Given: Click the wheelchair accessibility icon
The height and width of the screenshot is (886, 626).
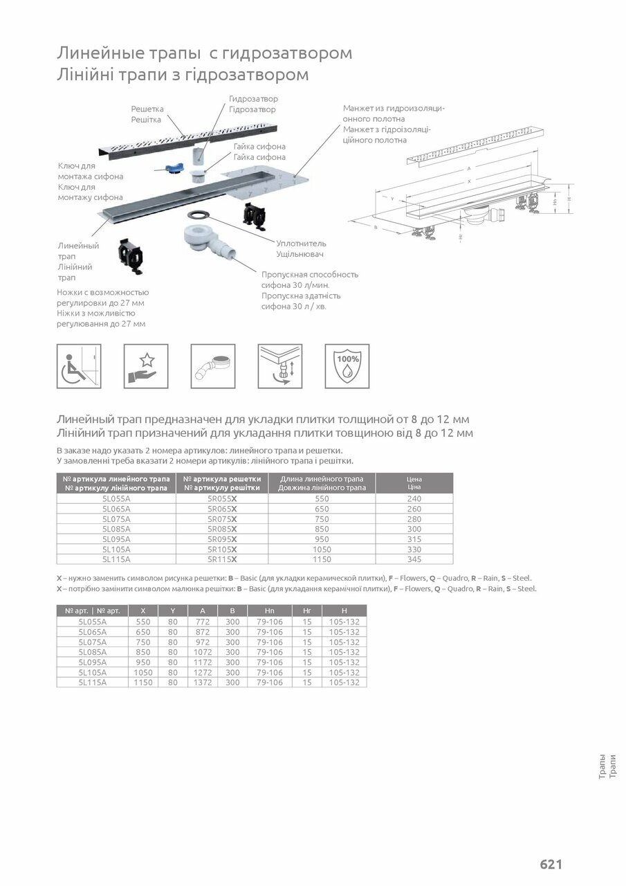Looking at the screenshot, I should (79, 366).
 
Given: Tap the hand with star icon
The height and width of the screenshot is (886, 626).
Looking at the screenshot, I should (146, 366).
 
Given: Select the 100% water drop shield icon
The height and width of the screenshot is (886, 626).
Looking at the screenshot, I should (347, 366).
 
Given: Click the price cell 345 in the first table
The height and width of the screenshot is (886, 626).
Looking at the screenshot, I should (414, 559).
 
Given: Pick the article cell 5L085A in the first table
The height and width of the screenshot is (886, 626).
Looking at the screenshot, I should (116, 529).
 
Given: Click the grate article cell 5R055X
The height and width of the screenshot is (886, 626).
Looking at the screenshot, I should (222, 498).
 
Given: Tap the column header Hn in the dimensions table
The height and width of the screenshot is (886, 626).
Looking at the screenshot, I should (270, 611).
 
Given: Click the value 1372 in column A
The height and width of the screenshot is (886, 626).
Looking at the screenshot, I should (203, 682).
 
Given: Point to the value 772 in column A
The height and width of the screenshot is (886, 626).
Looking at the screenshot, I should (203, 622).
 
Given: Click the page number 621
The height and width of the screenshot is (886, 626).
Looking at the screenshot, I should (551, 864).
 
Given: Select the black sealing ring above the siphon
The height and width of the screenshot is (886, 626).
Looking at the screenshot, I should (201, 214).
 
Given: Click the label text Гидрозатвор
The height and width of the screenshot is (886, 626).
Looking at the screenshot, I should (253, 99).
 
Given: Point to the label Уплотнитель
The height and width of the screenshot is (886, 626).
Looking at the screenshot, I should (301, 244).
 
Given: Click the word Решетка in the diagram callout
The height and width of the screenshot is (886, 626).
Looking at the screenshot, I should (147, 109).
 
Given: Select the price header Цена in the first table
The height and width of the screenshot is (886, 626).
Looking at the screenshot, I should (414, 479).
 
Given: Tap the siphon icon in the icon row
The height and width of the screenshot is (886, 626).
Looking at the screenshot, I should (212, 366).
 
